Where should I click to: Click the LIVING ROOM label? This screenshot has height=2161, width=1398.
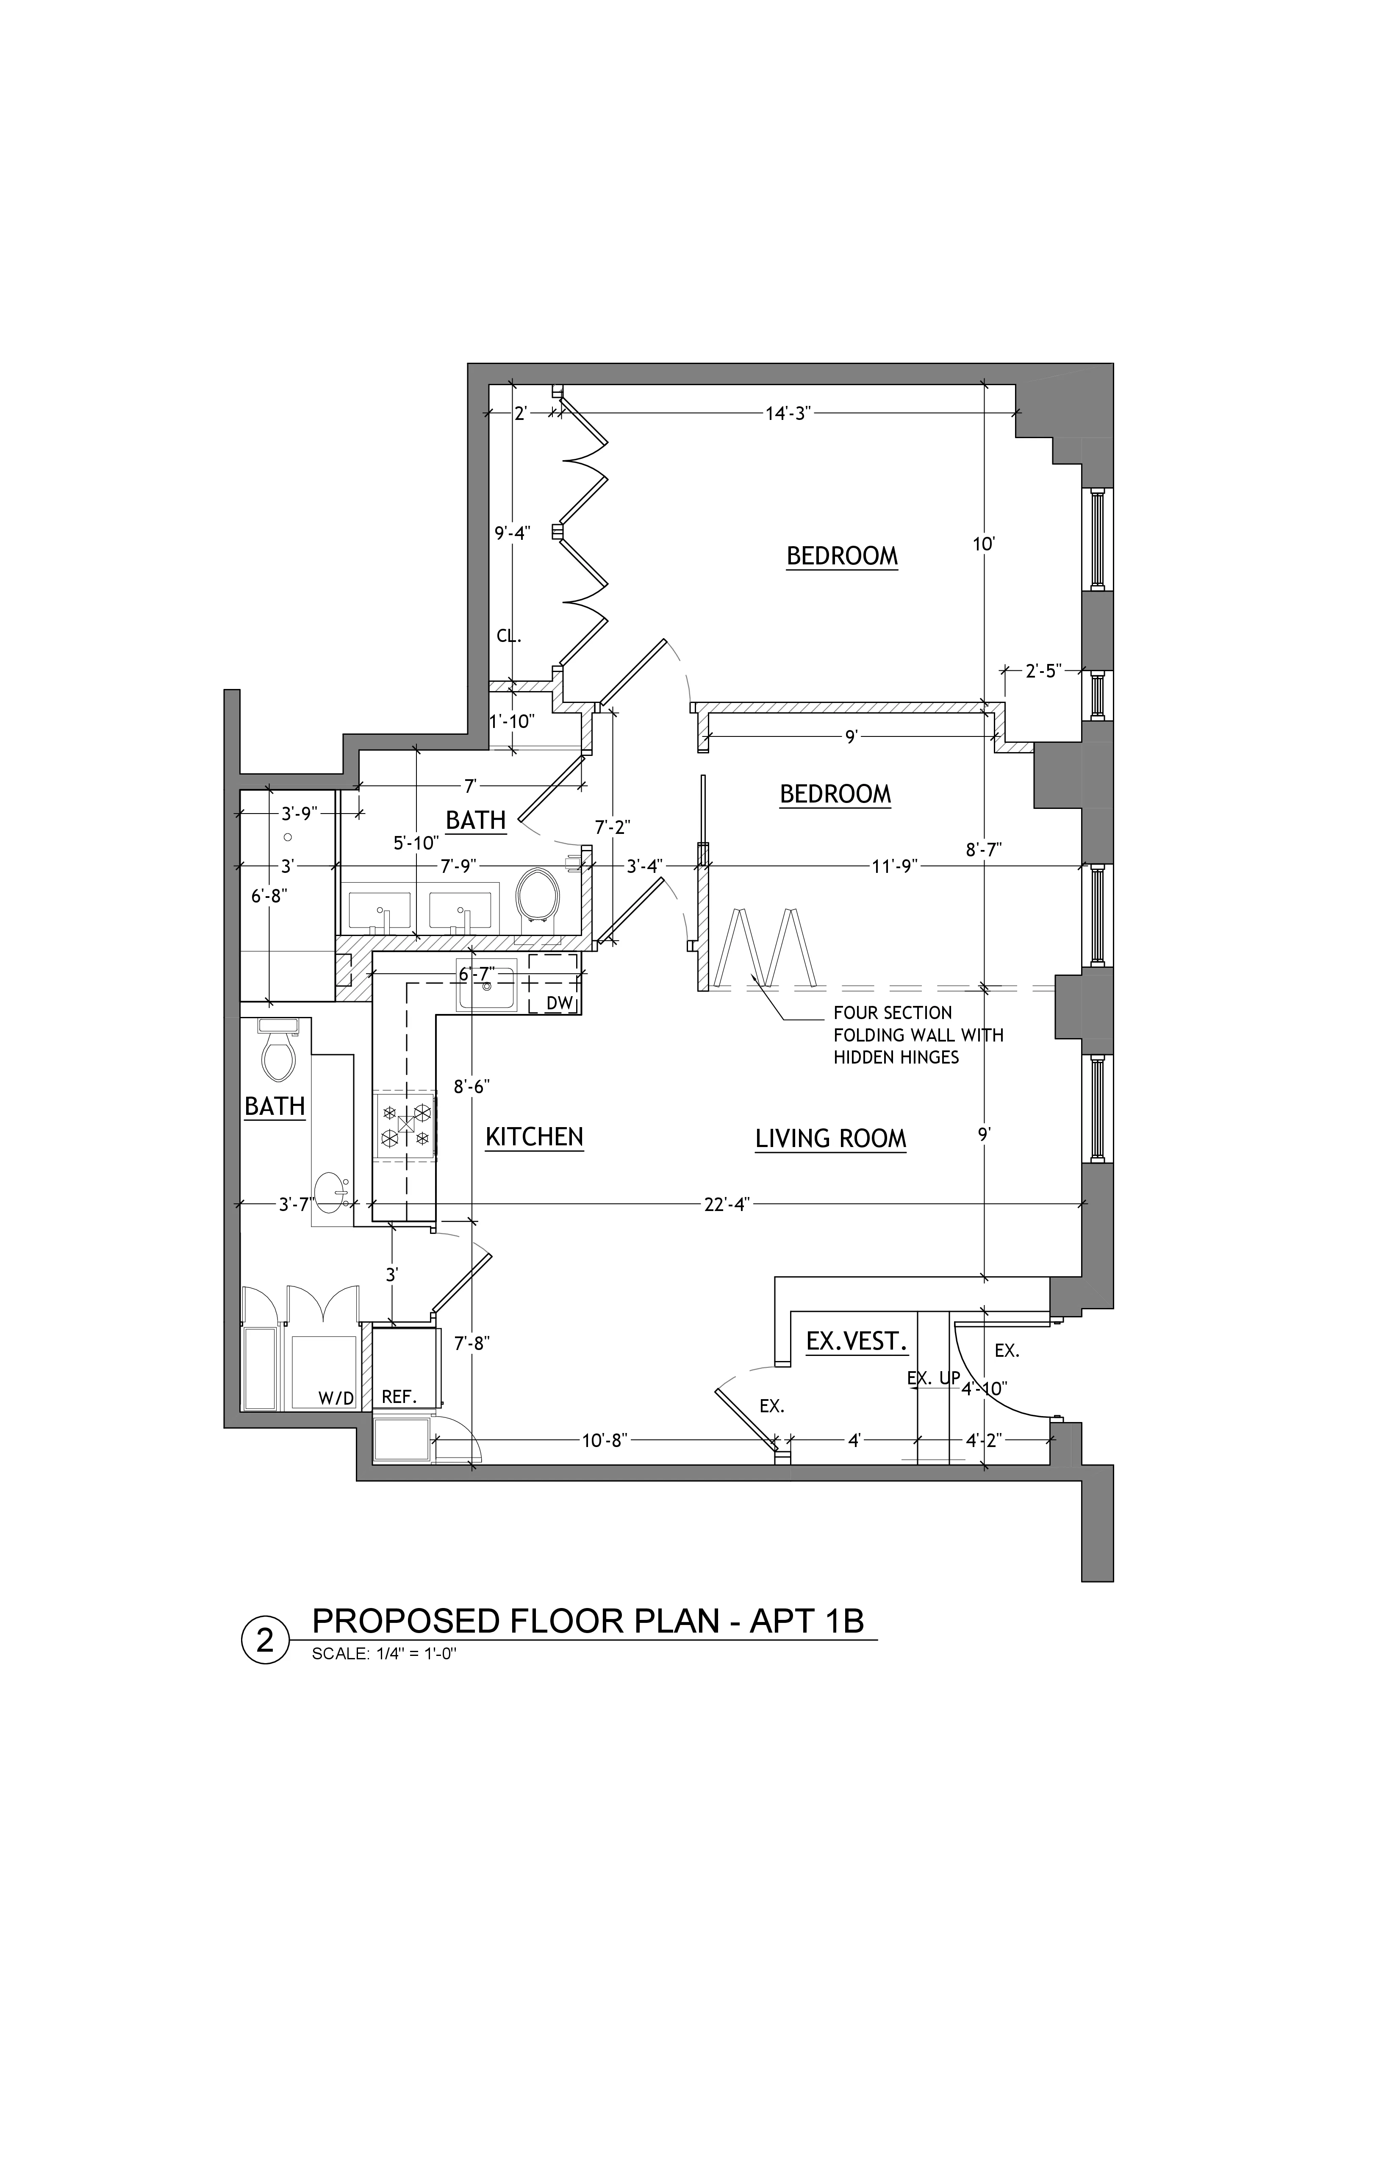tap(831, 1139)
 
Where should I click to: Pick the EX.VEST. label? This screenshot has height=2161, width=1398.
tap(857, 1341)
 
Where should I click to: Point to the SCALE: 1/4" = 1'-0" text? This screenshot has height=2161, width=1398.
tap(383, 1653)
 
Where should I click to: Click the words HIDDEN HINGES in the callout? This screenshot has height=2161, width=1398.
tap(896, 1057)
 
